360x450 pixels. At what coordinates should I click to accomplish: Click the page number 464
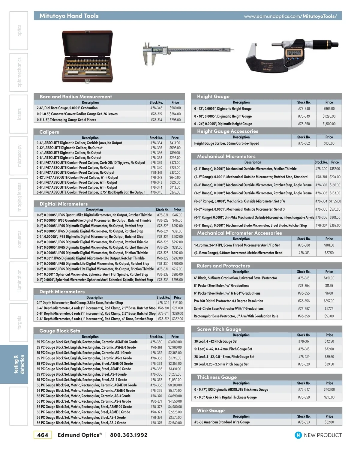[43, 435]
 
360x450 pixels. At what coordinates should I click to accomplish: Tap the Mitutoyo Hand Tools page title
[69, 16]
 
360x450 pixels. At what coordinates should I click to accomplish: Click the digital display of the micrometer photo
[294, 53]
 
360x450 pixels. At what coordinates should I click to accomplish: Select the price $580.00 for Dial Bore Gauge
[175, 108]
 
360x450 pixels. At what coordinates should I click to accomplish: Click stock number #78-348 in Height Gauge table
[304, 109]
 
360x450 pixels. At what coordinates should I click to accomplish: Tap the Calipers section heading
[49, 132]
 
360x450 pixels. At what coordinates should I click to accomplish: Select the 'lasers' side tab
[19, 114]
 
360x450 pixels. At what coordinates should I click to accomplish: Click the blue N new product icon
[298, 435]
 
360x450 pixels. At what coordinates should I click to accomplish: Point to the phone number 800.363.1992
[129, 435]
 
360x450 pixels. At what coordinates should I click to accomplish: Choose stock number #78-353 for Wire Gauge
[304, 422]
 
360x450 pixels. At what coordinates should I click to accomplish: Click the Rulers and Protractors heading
[223, 266]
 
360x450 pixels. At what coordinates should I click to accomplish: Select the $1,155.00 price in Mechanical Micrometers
[335, 201]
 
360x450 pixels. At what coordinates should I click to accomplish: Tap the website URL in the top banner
[290, 16]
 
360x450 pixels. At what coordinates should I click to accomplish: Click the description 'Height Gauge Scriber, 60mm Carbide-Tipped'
[226, 143]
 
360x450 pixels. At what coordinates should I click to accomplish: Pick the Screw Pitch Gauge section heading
[219, 329]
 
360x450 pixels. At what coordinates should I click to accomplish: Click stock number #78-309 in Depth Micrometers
[163, 303]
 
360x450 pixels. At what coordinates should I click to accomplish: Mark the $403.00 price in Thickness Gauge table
[329, 389]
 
